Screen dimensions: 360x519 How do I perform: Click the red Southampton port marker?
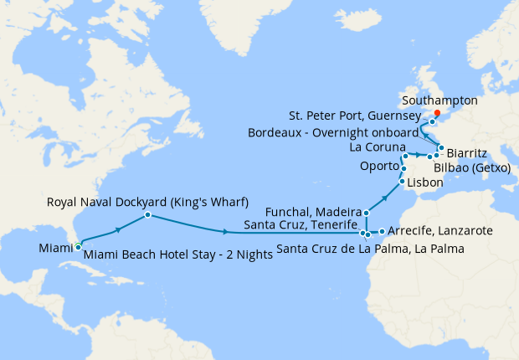437,113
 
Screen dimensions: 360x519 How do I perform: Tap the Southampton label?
439,100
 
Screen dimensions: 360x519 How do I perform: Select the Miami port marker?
78,246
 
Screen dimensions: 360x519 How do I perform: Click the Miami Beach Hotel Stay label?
177,255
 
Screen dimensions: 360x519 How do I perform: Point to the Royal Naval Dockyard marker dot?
147,215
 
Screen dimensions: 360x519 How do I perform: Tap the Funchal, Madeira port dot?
367,213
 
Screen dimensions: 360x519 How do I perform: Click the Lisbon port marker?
402,182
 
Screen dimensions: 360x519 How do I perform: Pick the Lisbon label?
425,182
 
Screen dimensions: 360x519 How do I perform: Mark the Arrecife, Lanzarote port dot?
382,231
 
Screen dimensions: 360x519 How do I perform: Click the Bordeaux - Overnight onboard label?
332,132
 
